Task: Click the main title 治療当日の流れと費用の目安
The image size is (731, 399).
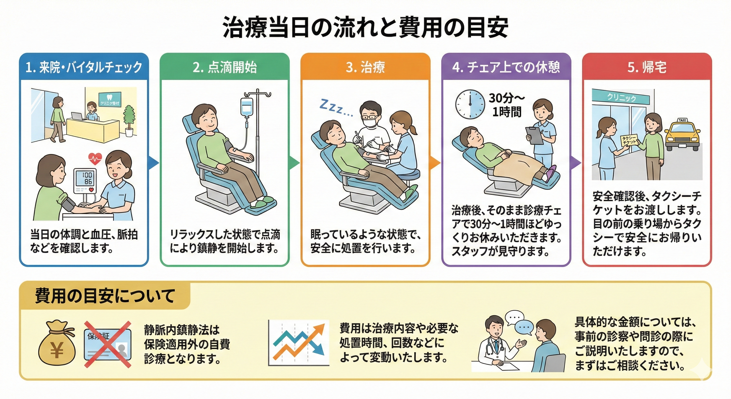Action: (365, 28)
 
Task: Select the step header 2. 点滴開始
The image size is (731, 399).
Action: (225, 67)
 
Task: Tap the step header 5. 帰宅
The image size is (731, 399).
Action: (647, 67)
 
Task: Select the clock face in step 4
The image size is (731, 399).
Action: (470, 104)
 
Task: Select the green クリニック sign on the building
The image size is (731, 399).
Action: (621, 97)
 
